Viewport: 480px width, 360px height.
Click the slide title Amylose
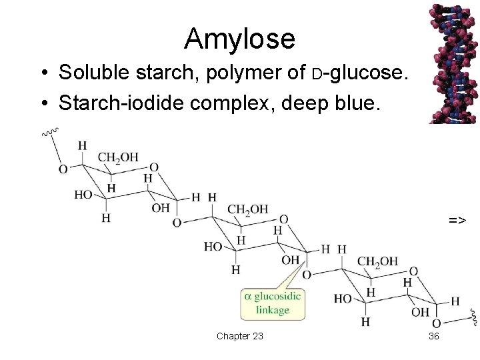[239, 39]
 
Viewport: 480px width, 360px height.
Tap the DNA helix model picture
[453, 63]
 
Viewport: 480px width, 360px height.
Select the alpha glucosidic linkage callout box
[273, 303]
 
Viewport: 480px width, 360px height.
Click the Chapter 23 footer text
[239, 336]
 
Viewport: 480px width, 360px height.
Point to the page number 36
[433, 336]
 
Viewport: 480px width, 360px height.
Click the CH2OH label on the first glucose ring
[118, 157]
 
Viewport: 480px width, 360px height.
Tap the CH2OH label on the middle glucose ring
[247, 209]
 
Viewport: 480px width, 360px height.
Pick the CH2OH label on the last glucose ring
[377, 261]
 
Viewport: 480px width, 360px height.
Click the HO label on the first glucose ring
[84, 195]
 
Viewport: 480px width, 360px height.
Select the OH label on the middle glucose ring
[290, 259]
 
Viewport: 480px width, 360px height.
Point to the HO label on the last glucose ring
[343, 299]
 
